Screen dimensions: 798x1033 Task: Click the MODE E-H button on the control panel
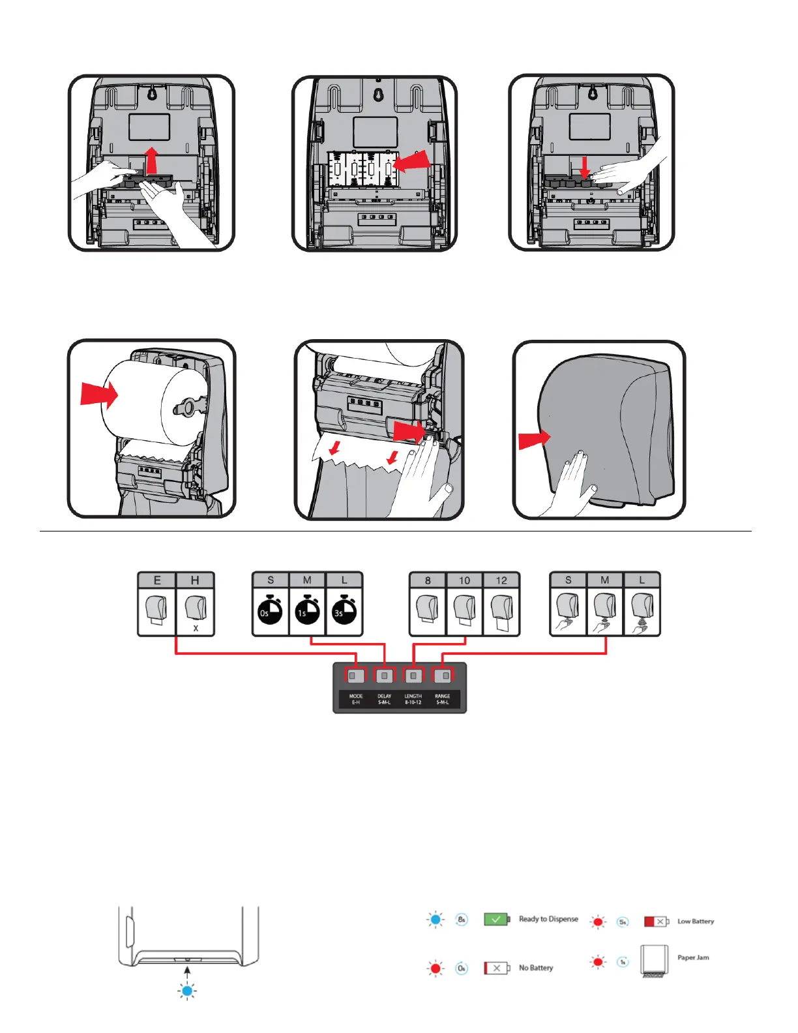pyautogui.click(x=356, y=676)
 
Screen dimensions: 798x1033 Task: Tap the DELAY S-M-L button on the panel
pyautogui.click(x=385, y=676)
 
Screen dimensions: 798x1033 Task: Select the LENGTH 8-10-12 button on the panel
pyautogui.click(x=413, y=676)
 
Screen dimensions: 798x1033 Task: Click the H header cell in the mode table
pyautogui.click(x=195, y=580)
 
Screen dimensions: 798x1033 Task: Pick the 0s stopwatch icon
pyautogui.click(x=270, y=612)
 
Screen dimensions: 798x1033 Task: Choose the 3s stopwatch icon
pyautogui.click(x=344, y=612)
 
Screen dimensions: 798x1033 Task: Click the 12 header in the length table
pyautogui.click(x=501, y=580)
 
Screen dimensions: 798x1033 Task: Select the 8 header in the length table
pyautogui.click(x=427, y=580)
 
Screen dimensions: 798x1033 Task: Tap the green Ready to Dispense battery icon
pyautogui.click(x=497, y=919)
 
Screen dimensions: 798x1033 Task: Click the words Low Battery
pyautogui.click(x=696, y=921)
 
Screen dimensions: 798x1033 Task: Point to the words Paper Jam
pyautogui.click(x=693, y=957)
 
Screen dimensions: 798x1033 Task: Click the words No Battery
pyautogui.click(x=536, y=968)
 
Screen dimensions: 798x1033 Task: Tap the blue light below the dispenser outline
pyautogui.click(x=187, y=991)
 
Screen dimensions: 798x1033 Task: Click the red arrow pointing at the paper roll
pyautogui.click(x=98, y=394)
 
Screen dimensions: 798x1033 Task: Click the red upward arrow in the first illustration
pyautogui.click(x=151, y=160)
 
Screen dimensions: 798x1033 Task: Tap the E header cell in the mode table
pyautogui.click(x=157, y=580)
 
